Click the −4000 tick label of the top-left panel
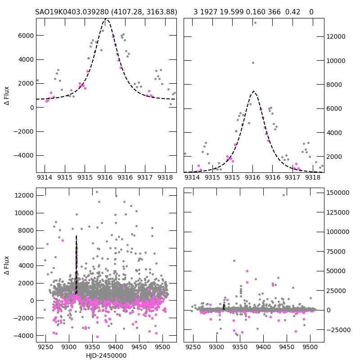coord(22,155)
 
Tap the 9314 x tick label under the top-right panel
coord(192,177)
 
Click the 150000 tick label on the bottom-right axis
coord(337,193)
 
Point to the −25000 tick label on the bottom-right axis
coord(337,330)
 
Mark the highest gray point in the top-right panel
coord(255,23)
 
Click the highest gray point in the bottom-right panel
coord(283,195)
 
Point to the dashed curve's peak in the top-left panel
coord(106,19)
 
